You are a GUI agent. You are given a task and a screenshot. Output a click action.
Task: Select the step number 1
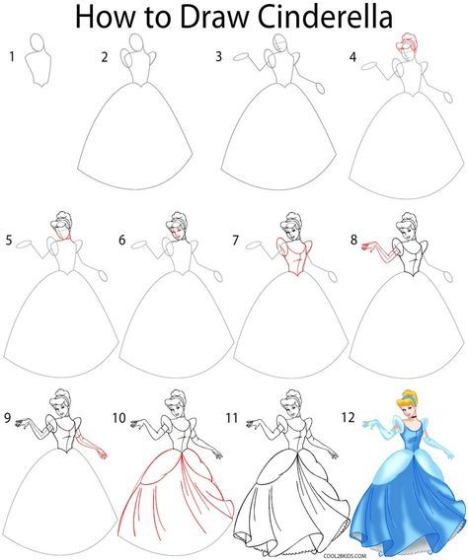pos(11,57)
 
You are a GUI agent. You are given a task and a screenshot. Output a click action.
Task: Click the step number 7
pos(235,240)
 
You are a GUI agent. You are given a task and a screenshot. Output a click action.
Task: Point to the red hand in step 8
pos(369,242)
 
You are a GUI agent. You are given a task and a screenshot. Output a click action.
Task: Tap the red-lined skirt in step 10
pos(178,498)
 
